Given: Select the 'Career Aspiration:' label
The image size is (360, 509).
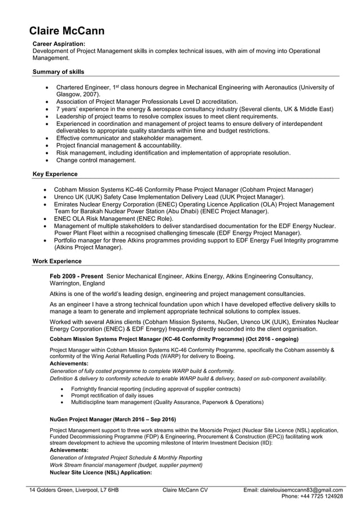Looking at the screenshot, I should click(x=59, y=43).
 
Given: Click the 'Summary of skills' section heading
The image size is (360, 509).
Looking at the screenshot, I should click(x=58, y=72).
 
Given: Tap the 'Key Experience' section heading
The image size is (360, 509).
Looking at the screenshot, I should click(x=55, y=174).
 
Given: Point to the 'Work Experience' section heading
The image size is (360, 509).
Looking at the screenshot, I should click(x=56, y=261).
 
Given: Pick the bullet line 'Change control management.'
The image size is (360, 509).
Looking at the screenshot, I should click(x=95, y=160).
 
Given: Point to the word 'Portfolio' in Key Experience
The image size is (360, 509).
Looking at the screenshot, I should click(x=67, y=240).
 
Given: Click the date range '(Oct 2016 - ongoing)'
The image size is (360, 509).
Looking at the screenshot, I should click(x=272, y=339).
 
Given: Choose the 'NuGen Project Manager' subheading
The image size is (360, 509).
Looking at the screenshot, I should click(x=81, y=419).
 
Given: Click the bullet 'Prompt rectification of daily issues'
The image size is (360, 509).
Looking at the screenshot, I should click(x=112, y=396).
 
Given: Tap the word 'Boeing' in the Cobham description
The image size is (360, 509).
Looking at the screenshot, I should click(x=222, y=357).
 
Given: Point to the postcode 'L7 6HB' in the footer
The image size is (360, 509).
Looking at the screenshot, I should click(x=107, y=490).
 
